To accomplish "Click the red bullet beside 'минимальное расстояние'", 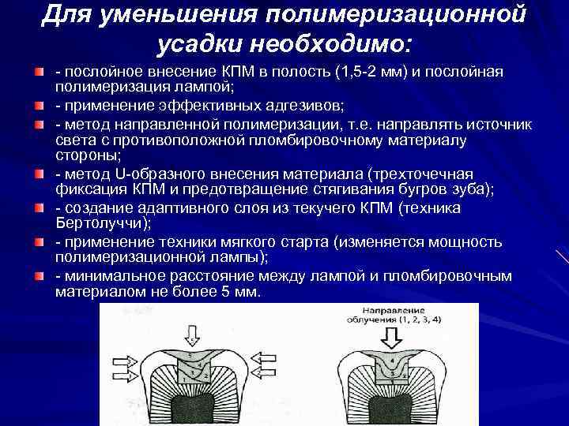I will tap(37, 275).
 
